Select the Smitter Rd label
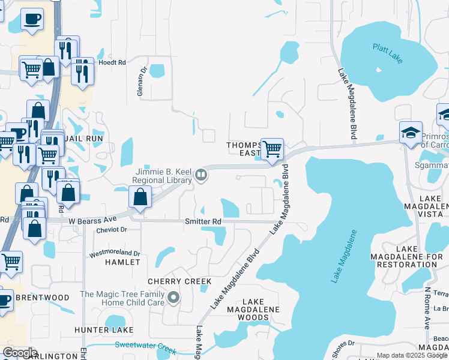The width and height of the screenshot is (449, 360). pyautogui.click(x=203, y=221)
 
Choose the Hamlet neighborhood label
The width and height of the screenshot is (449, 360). pyautogui.click(x=122, y=262)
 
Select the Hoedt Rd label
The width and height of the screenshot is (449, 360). pyautogui.click(x=113, y=62)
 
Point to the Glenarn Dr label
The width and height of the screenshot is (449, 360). pyautogui.click(x=141, y=82)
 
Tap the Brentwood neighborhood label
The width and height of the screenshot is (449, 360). pyautogui.click(x=42, y=298)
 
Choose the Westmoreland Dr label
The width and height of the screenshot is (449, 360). pyautogui.click(x=114, y=254)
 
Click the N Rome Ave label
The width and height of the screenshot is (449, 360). pyautogui.click(x=427, y=307)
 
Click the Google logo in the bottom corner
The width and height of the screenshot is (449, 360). pyautogui.click(x=20, y=353)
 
